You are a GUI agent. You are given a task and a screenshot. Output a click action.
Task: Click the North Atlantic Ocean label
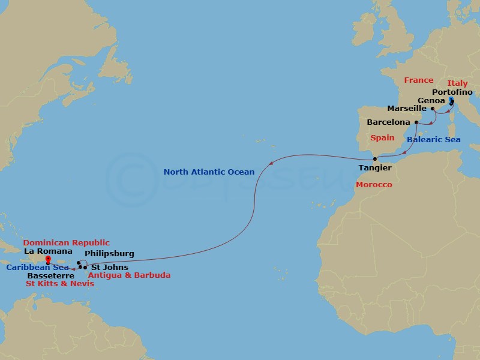point(209,172)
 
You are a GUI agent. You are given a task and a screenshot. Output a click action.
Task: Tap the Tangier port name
point(375,168)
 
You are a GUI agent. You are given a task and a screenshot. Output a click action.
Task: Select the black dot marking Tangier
point(375,159)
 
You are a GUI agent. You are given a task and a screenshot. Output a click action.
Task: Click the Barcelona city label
point(388,122)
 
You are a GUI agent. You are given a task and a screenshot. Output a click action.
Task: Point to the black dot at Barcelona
point(416,122)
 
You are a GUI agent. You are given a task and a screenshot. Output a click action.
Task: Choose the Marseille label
point(407,109)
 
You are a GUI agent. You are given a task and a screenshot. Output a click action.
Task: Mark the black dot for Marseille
point(433,109)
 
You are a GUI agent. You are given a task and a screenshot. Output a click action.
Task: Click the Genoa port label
point(431,101)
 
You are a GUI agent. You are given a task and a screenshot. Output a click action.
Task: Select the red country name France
point(418,80)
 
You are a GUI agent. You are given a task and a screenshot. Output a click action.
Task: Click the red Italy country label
point(457,83)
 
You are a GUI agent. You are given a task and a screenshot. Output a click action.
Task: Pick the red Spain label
point(382,137)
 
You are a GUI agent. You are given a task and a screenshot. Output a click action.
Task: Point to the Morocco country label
point(374,185)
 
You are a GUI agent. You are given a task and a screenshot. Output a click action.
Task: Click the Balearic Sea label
point(433,140)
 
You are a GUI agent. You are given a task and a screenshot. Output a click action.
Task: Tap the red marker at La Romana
point(47,260)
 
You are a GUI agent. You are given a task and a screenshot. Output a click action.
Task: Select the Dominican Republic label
point(66,243)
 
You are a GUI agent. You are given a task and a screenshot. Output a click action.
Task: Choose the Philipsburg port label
point(109,254)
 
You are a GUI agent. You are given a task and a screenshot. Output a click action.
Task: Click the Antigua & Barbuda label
point(129,275)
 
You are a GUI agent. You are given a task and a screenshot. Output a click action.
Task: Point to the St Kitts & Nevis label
point(60,283)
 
